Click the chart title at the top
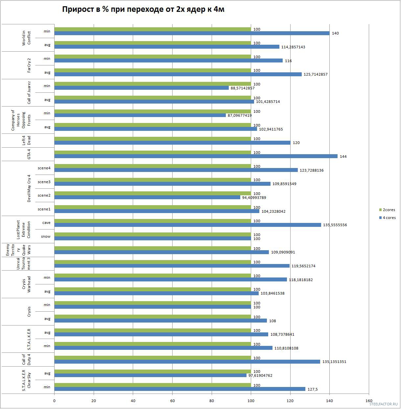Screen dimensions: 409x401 (x=143, y=10)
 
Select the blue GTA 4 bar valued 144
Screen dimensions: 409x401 (x=196, y=156)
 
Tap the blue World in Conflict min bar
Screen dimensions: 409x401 (x=192, y=33)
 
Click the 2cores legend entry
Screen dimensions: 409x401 (x=387, y=210)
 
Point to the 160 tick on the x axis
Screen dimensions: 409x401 (x=369, y=401)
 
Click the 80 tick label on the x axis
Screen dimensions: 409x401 (x=212, y=401)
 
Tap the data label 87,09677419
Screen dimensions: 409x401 (x=240, y=115)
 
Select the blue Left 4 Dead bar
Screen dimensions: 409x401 (x=172, y=143)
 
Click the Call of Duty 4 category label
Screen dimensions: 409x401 (x=26, y=360)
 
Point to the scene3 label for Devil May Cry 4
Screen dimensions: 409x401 (x=44, y=182)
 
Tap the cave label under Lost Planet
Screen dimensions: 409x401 (x=46, y=223)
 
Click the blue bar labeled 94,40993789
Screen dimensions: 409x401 (x=147, y=197)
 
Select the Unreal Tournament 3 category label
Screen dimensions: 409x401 (x=24, y=264)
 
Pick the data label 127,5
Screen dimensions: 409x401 (x=312, y=389)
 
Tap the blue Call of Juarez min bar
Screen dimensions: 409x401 (x=141, y=88)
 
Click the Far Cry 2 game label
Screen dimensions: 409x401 (x=29, y=65)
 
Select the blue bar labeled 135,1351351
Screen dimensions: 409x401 (x=187, y=362)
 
